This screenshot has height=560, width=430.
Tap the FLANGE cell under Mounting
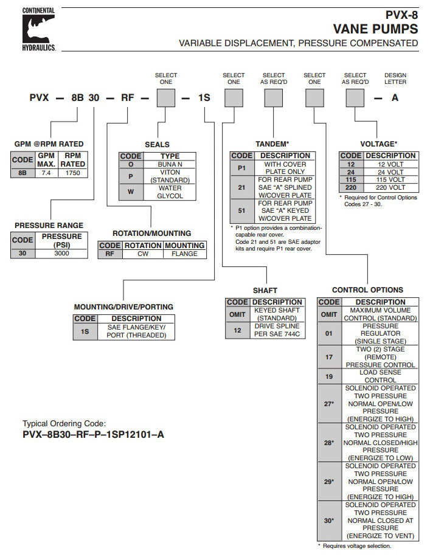click(x=184, y=254)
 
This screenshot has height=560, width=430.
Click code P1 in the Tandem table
click(x=241, y=168)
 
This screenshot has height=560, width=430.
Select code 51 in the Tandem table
click(x=241, y=210)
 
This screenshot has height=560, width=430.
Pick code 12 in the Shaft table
click(x=237, y=330)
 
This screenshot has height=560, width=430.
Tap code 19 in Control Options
click(x=329, y=376)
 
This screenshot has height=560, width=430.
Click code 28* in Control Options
click(x=329, y=443)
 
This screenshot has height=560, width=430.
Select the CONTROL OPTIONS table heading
click(x=367, y=290)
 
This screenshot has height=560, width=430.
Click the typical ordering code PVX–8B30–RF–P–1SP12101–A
click(x=93, y=435)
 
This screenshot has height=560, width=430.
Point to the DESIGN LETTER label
click(x=395, y=78)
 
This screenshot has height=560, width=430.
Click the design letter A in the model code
click(x=395, y=97)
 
